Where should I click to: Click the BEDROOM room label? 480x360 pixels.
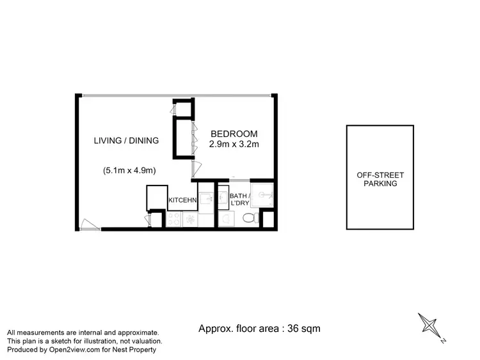pyautogui.click(x=234, y=134)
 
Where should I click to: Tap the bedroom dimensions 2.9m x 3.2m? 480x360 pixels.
pyautogui.click(x=234, y=145)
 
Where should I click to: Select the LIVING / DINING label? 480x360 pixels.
pyautogui.click(x=126, y=141)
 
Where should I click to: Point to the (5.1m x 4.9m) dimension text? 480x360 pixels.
pyautogui.click(x=129, y=171)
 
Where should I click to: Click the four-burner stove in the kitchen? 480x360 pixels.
pyautogui.click(x=173, y=220)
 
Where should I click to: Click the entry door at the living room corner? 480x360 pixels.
pyautogui.click(x=89, y=224)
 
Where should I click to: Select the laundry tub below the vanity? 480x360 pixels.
pyautogui.click(x=227, y=219)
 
